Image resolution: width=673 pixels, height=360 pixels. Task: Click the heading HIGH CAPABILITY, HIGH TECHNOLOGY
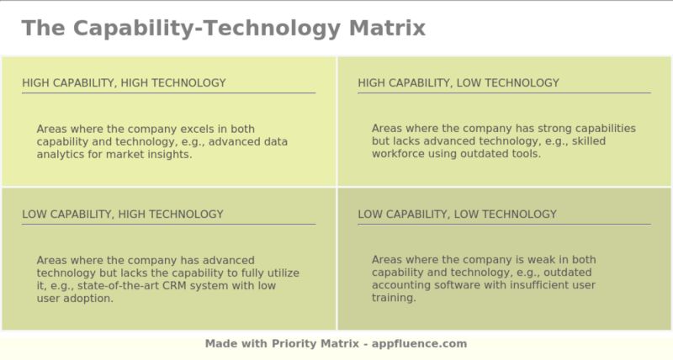coord(124,82)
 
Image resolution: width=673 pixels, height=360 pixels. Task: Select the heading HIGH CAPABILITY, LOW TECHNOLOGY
coord(458,82)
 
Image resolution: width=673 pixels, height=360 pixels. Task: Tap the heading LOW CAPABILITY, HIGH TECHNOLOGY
coord(123,214)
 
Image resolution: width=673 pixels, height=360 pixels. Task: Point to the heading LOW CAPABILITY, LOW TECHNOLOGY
coord(457,214)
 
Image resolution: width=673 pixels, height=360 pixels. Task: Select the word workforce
coord(400,154)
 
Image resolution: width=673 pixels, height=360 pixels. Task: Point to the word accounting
coord(402,285)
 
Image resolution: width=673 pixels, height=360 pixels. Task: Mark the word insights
coord(169,154)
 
